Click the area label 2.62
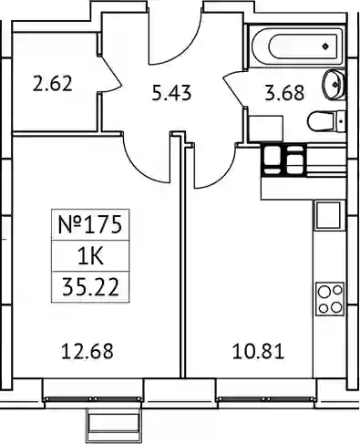click(x=53, y=84)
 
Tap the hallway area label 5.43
click(x=171, y=93)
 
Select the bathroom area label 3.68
click(x=284, y=93)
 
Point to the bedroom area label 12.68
click(x=87, y=351)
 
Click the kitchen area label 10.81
click(x=258, y=351)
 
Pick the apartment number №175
click(x=90, y=225)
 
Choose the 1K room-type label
click(x=90, y=257)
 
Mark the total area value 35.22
click(x=90, y=287)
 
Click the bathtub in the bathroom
click(x=297, y=46)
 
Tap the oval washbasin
click(x=334, y=84)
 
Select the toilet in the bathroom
click(x=326, y=122)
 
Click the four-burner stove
click(x=330, y=299)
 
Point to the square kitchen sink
click(x=328, y=215)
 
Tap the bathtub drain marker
click(x=325, y=46)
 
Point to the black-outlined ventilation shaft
click(x=283, y=160)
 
